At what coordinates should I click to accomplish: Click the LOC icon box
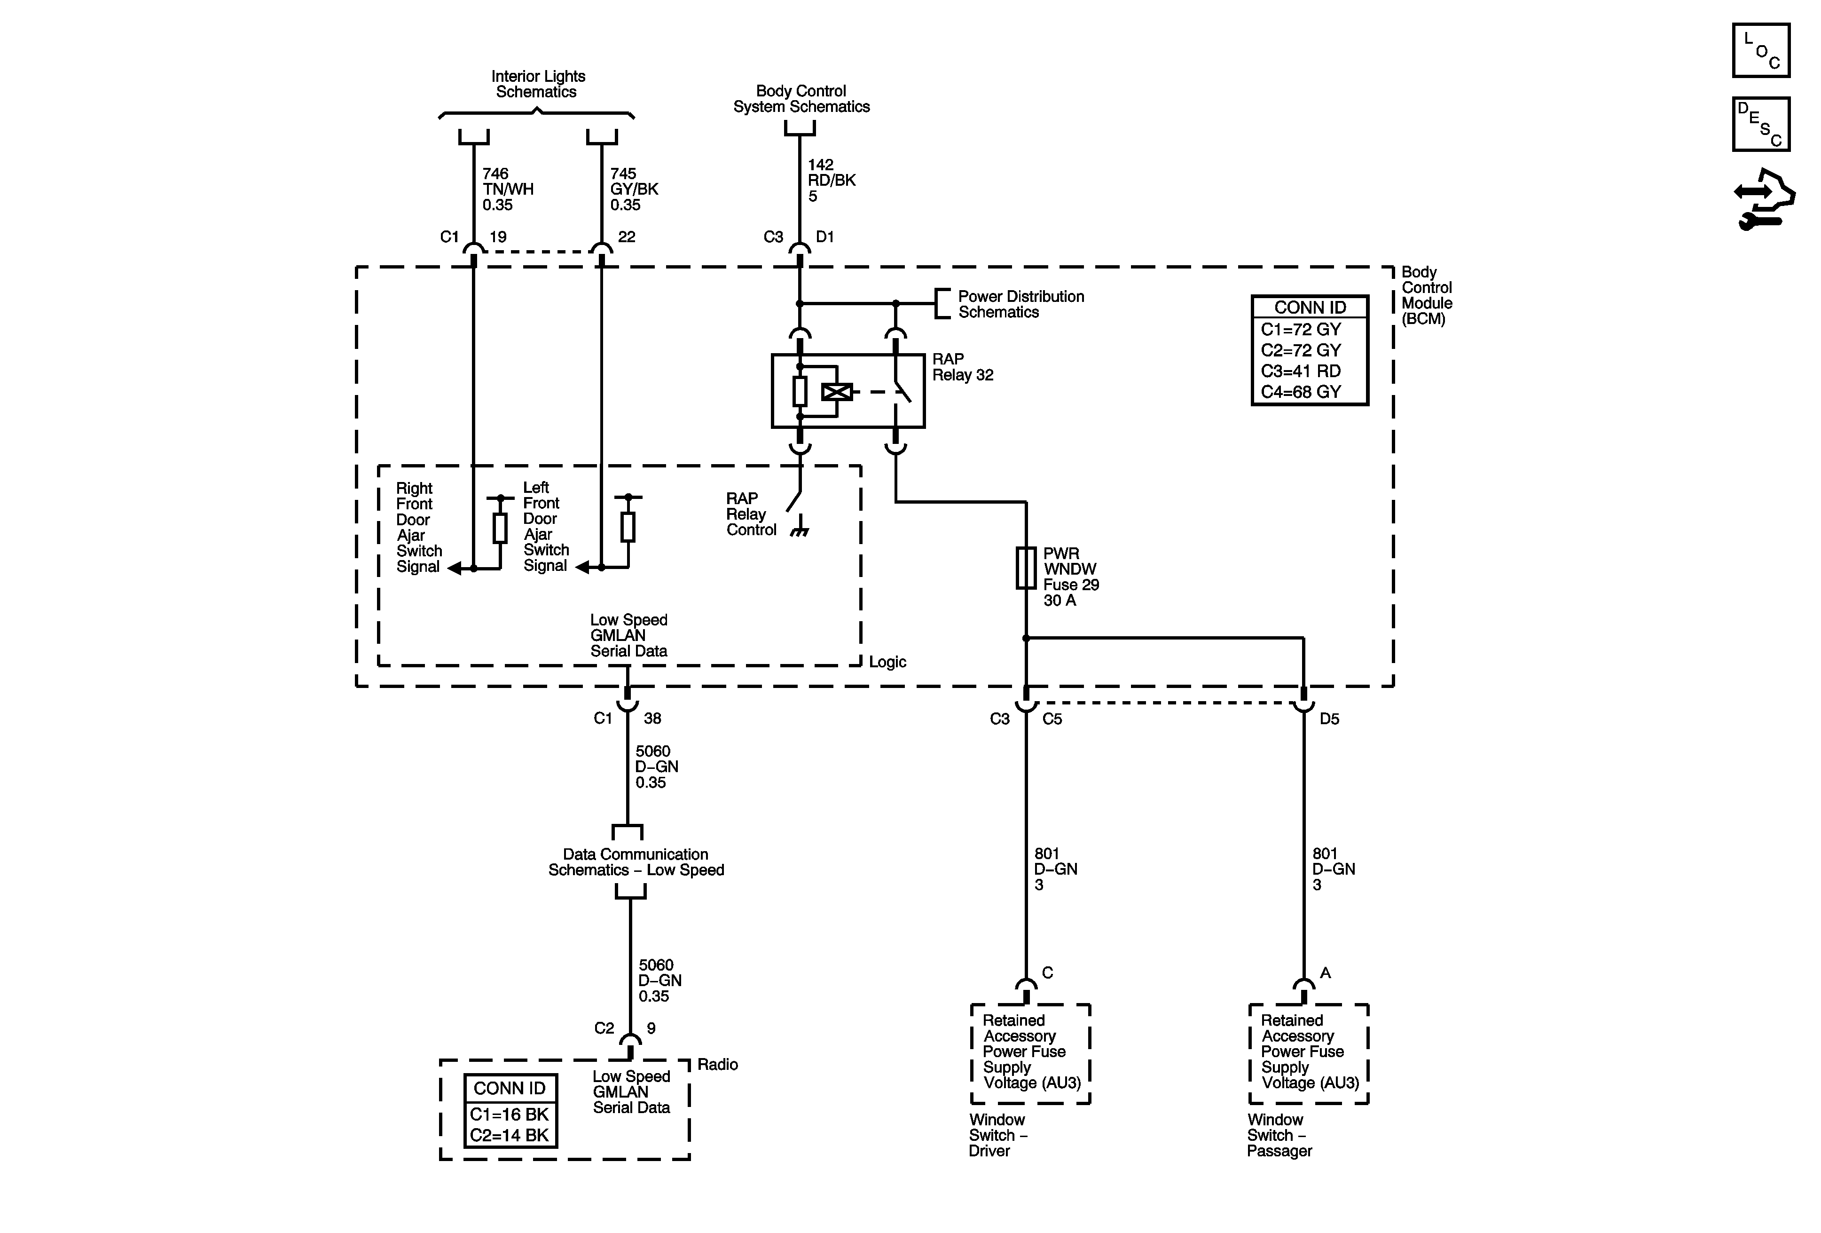tap(1761, 50)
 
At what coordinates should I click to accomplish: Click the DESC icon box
tap(1761, 124)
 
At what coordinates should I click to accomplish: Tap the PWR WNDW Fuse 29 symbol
tap(1026, 568)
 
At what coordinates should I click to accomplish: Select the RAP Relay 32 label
tap(962, 367)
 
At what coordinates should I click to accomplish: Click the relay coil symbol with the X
tap(837, 391)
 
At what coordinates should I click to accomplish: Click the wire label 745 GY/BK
tap(634, 189)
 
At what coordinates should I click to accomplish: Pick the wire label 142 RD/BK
tap(832, 180)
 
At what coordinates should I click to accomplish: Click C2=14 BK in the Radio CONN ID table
tap(510, 1135)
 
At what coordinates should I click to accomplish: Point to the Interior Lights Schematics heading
tap(538, 84)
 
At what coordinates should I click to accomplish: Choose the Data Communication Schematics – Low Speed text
tap(636, 862)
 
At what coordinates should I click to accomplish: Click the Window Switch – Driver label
tap(997, 1135)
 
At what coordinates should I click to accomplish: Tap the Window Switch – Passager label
tap(1279, 1135)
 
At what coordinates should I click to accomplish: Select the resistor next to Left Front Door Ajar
tap(628, 528)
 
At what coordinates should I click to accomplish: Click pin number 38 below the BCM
tap(652, 718)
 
